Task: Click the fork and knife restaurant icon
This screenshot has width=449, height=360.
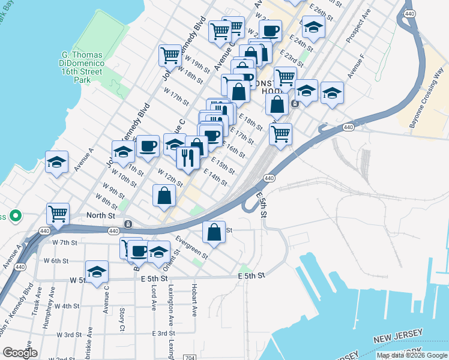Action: [188, 157]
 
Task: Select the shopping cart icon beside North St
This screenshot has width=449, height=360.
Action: [58, 213]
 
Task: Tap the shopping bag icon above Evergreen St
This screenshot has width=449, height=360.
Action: [214, 232]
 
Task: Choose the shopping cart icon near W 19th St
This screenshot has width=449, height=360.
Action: [170, 56]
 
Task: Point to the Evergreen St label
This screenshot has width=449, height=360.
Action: [192, 247]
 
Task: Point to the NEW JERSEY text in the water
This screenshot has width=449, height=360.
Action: [399, 336]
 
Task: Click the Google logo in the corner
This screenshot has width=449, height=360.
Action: [20, 353]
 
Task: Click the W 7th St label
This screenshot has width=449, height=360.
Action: [65, 242]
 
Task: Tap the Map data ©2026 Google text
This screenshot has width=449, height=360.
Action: [411, 355]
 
